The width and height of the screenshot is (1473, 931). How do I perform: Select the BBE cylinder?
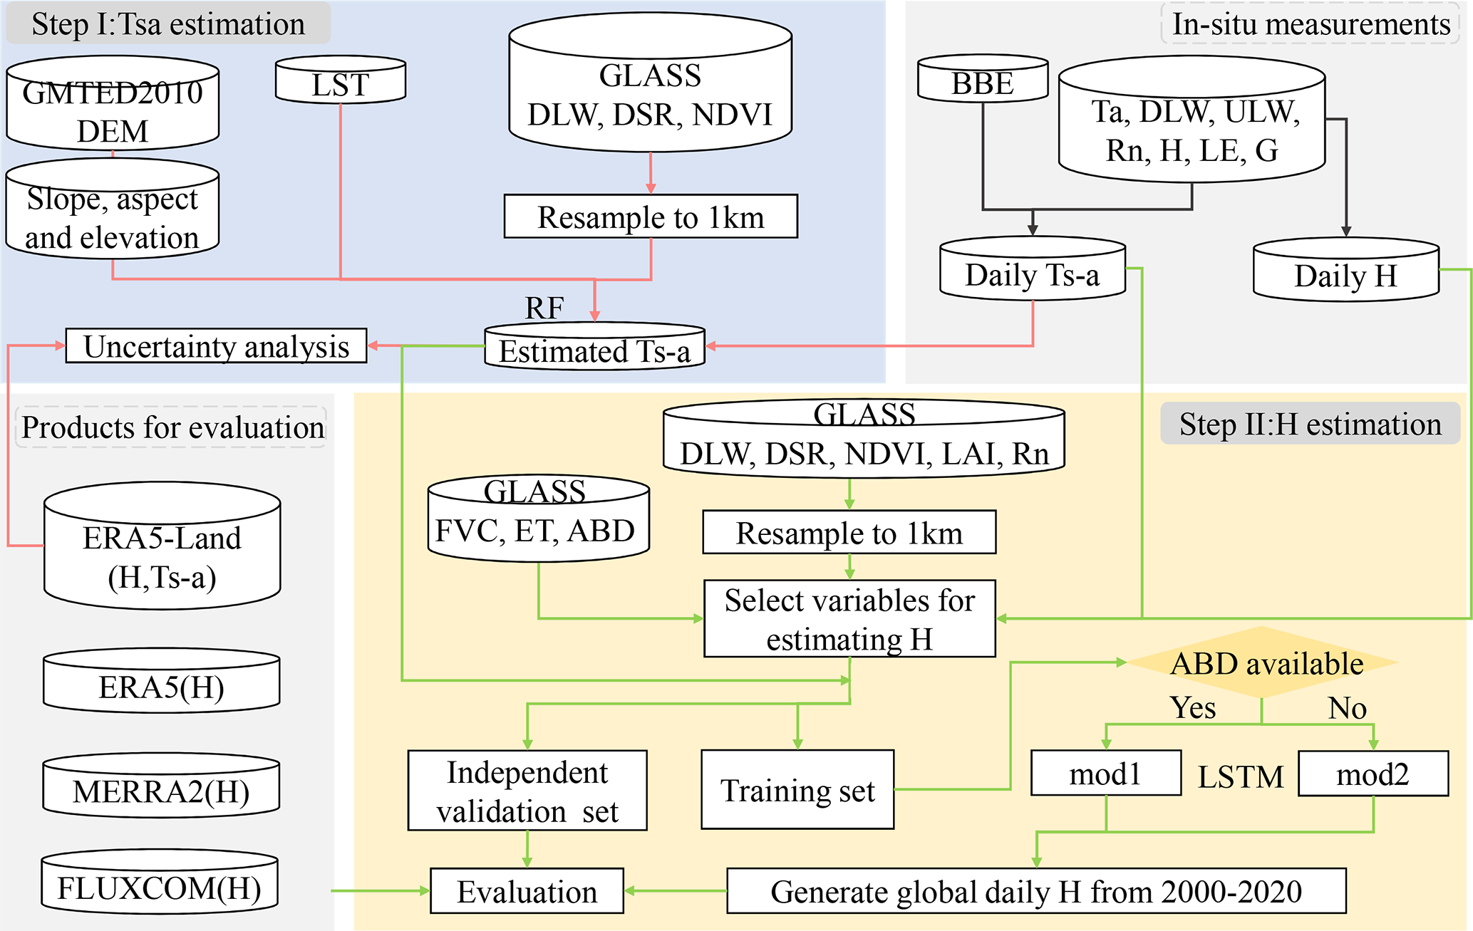983,80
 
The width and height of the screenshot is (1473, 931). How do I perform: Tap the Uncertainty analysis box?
216,346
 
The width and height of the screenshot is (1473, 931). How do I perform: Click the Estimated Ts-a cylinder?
594,348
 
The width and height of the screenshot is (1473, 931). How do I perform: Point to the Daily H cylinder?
1345,271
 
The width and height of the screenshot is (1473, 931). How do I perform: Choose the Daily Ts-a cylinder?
1033,271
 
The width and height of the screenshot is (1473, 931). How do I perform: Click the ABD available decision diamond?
1263,663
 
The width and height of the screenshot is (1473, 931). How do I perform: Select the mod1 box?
1105,774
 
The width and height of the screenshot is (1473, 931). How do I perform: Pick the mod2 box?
1373,774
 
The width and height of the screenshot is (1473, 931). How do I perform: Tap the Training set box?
797,789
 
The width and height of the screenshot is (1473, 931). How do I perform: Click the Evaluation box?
527,891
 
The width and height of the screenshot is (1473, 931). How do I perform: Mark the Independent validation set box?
527,791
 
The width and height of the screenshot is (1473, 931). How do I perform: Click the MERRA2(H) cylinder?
161,787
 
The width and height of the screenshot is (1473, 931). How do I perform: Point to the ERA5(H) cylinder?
161,682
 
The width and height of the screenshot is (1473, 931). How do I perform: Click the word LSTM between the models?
1240,776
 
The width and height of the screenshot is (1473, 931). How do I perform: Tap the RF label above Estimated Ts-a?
544,308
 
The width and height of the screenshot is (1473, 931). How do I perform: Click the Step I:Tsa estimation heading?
168,24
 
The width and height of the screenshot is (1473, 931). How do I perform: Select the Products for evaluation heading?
172,427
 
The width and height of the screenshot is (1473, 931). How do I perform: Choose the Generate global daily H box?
1036,891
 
